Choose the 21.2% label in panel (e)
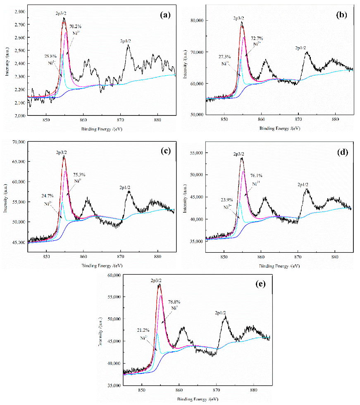coord(145,331)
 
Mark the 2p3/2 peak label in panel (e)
coord(157,280)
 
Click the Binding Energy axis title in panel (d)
coord(279,261)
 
